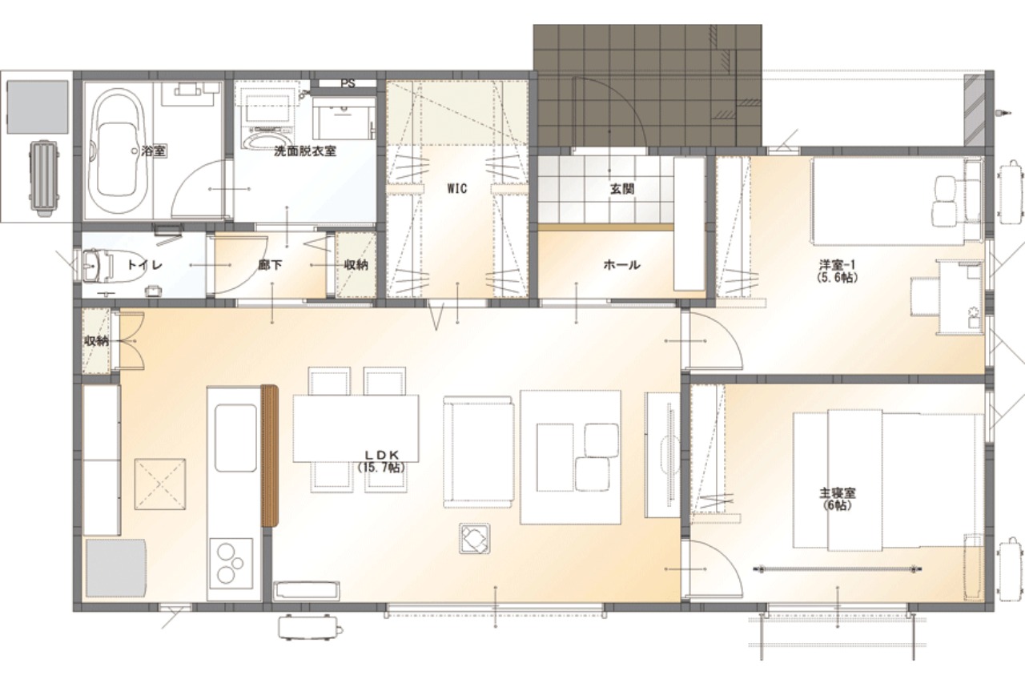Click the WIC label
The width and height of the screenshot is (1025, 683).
pyautogui.click(x=457, y=188)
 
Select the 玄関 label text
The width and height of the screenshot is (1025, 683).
pyautogui.click(x=622, y=188)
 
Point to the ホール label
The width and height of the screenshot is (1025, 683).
pyautogui.click(x=621, y=264)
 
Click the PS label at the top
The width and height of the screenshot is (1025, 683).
pyautogui.click(x=348, y=84)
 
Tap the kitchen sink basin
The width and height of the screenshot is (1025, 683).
pyautogui.click(x=235, y=438)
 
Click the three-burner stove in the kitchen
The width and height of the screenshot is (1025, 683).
pyautogui.click(x=231, y=563)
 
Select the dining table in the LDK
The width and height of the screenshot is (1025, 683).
pyautogui.click(x=356, y=428)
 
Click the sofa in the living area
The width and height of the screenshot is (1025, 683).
pyautogui.click(x=477, y=452)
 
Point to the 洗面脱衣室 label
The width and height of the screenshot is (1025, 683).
pyautogui.click(x=305, y=151)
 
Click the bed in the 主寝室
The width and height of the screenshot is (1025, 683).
pyautogui.click(x=888, y=480)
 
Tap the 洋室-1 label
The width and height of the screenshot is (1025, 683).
pyautogui.click(x=837, y=271)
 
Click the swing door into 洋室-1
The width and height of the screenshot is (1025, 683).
pyautogui.click(x=713, y=341)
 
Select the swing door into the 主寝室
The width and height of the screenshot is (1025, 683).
pyautogui.click(x=713, y=569)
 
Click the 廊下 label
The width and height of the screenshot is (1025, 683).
pyautogui.click(x=270, y=265)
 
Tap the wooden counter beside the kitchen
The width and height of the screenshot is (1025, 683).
pyautogui.click(x=270, y=456)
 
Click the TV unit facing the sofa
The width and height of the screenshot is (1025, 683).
pyautogui.click(x=661, y=455)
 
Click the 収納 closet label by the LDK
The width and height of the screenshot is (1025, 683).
pyautogui.click(x=96, y=341)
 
